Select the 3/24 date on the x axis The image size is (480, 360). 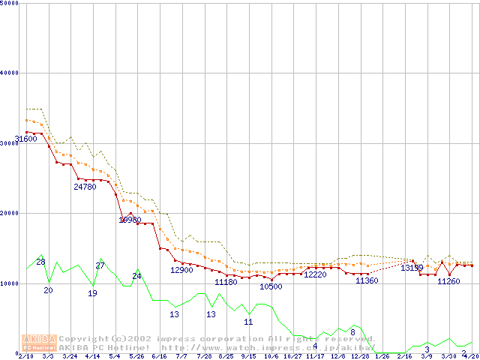[x=70, y=356]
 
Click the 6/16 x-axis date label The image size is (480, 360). [x=159, y=356]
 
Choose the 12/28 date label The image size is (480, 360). [x=360, y=356]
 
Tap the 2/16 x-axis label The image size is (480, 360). [x=404, y=356]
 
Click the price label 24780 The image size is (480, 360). [x=85, y=187]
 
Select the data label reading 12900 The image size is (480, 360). [x=181, y=270]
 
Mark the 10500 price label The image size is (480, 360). [x=271, y=286]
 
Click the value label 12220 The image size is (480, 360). [x=315, y=274]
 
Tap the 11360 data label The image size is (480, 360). [x=367, y=280]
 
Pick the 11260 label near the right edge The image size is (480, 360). [x=448, y=281]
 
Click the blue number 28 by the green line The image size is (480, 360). [x=41, y=262]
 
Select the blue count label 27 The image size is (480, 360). [x=100, y=265]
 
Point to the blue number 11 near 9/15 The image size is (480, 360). [x=248, y=322]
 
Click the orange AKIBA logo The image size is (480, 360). [x=39, y=343]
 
